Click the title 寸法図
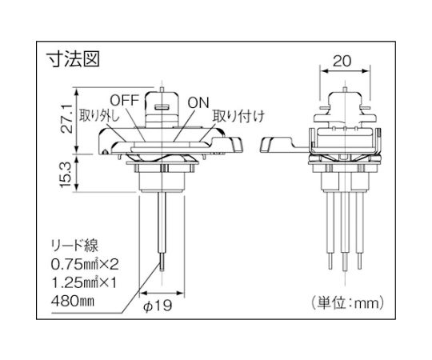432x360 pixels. point(73,58)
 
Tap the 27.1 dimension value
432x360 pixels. point(67,118)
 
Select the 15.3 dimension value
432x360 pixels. point(67,174)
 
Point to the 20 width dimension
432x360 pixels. point(342,61)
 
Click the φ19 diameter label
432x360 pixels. point(158,305)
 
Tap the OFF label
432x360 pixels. point(124,100)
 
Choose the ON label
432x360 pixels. point(198,102)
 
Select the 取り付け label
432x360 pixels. point(238,116)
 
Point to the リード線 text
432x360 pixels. point(74,246)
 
